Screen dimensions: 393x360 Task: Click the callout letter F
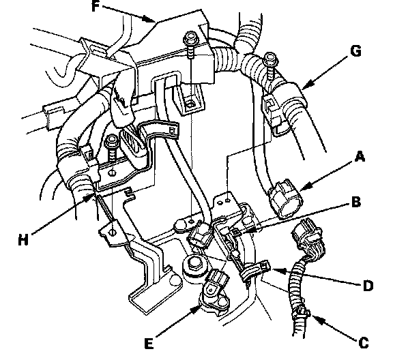point(96,6)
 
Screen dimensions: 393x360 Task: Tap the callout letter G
point(355,51)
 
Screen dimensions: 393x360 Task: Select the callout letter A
point(360,157)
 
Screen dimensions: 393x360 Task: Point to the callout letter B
point(356,202)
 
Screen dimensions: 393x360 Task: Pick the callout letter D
point(368,286)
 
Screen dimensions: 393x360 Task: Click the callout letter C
point(364,342)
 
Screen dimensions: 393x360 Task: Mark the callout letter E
point(149,343)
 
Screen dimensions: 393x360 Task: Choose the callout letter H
point(23,240)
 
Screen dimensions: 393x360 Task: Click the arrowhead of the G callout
point(307,85)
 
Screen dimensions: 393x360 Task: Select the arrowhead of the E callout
point(196,310)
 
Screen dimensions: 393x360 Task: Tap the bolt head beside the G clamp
point(270,59)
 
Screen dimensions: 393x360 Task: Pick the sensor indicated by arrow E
point(214,288)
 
